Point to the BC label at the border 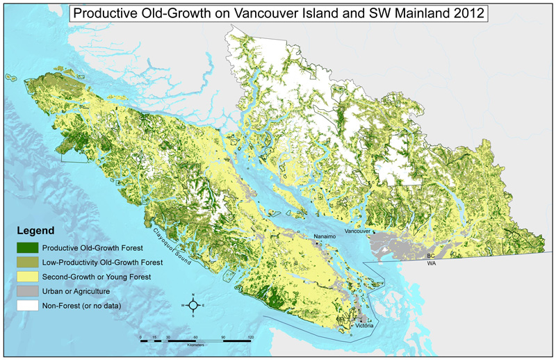(431, 256)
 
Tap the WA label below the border (431, 264)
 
